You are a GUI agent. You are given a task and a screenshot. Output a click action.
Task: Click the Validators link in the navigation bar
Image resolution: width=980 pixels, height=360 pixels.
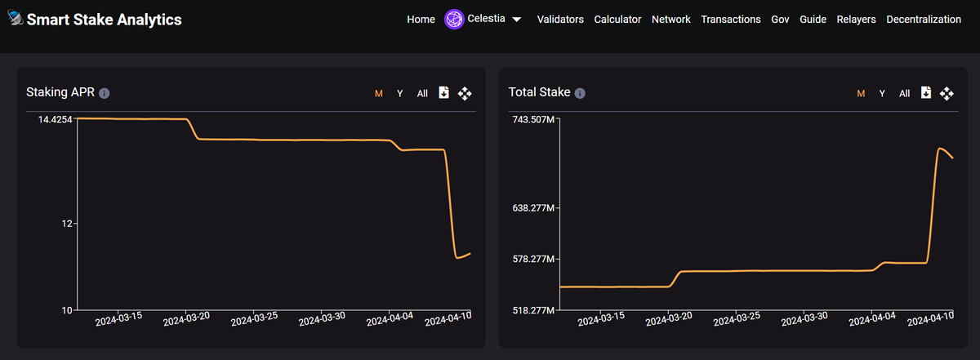[x=560, y=20]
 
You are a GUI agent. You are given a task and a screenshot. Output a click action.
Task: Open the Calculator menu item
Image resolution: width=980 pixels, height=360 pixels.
[x=617, y=20]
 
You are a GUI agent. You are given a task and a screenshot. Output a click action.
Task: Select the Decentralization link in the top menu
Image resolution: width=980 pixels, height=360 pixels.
[x=924, y=20]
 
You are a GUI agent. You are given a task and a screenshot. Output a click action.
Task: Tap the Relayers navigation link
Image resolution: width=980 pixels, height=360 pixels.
[x=856, y=20]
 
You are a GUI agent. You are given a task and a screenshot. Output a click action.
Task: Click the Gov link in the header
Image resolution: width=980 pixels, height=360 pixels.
[x=780, y=20]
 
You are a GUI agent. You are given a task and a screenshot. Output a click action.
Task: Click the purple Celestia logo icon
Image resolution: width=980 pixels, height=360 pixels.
[x=454, y=20]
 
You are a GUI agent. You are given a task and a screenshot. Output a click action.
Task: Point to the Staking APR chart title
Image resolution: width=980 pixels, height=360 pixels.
[x=60, y=92]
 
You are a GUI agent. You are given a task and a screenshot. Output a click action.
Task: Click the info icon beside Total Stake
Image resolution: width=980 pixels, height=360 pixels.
[x=580, y=93]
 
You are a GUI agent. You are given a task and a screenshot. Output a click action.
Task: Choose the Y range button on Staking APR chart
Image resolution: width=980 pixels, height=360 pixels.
[x=399, y=93]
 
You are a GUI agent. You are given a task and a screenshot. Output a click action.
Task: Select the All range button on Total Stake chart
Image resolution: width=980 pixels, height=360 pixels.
[x=904, y=93]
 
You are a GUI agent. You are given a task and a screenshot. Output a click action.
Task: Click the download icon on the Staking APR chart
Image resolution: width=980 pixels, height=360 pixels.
[x=443, y=93]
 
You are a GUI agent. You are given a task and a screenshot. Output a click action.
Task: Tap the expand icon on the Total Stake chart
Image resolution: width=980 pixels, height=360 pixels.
[x=947, y=93]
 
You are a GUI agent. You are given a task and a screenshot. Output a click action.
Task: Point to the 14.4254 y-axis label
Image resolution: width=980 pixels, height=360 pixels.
[x=55, y=120]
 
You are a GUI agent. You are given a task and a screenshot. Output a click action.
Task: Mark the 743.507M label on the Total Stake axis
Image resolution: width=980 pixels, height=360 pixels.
[x=533, y=120]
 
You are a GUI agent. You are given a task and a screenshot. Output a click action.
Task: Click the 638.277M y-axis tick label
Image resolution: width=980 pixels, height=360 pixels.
[x=533, y=207]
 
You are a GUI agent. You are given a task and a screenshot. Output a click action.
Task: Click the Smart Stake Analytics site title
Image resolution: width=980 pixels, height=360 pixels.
[x=104, y=20]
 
